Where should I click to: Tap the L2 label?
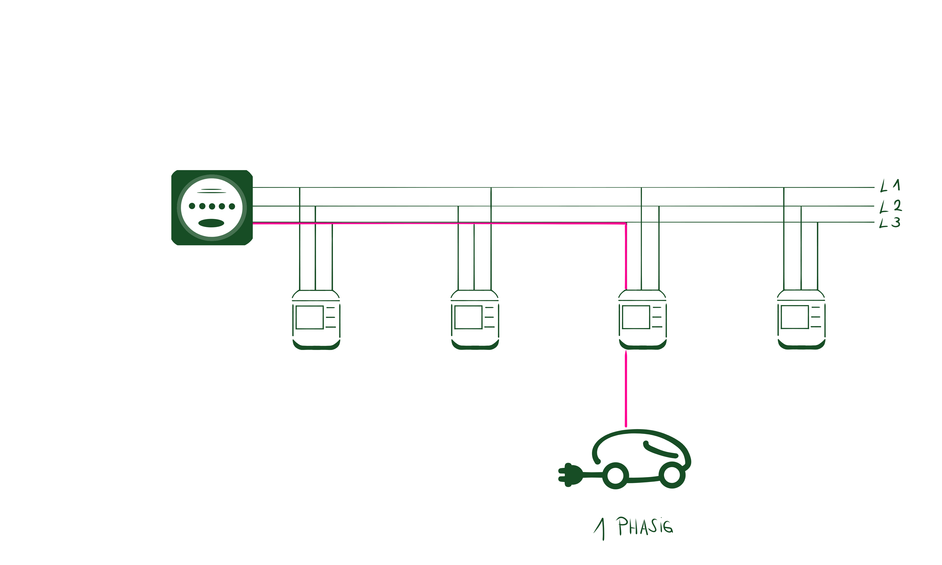(891, 206)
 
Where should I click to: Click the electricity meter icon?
(212, 208)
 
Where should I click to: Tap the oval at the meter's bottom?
(211, 223)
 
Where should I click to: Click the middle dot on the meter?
(212, 206)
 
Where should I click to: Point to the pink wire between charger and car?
(626, 388)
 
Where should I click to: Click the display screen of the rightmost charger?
(795, 317)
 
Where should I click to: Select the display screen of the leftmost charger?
(310, 317)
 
